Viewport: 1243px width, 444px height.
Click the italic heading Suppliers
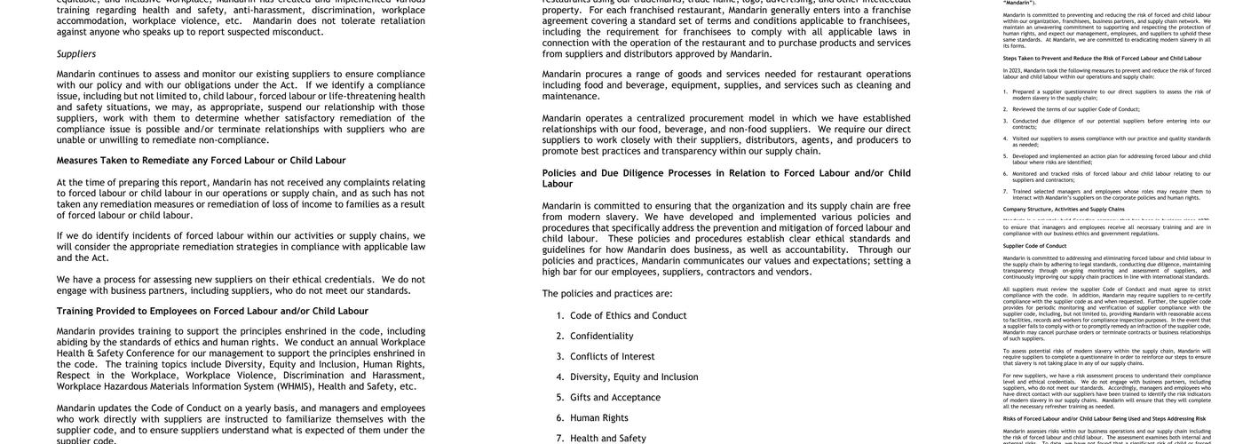click(x=76, y=54)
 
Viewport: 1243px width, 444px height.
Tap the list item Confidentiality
click(x=601, y=337)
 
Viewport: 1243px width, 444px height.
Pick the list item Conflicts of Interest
click(x=612, y=357)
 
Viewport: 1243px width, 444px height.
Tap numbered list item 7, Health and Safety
click(x=607, y=439)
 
